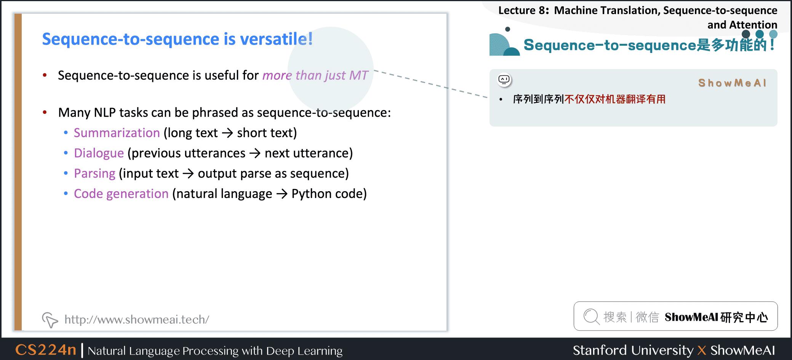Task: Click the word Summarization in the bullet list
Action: pos(117,133)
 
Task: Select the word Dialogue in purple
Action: pos(99,153)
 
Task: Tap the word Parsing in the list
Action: pos(94,174)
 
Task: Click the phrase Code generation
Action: pos(121,194)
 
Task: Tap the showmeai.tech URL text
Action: pos(137,319)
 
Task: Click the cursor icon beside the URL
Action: pos(50,320)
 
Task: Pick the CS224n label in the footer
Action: pos(46,350)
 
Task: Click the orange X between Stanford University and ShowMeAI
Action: pos(702,350)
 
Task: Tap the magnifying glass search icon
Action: pos(592,317)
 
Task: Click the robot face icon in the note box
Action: pos(504,80)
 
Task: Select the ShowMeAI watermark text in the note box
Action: pos(732,83)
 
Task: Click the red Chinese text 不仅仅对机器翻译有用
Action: pos(615,99)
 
